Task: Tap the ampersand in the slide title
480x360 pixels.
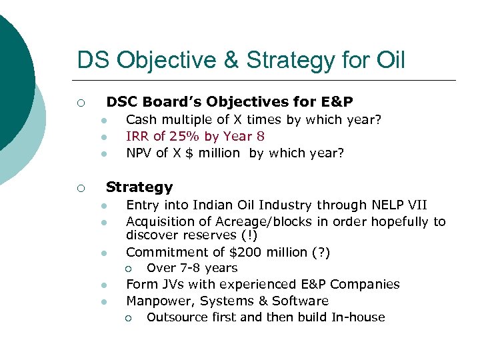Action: click(231, 61)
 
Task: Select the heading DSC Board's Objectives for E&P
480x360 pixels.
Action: click(229, 102)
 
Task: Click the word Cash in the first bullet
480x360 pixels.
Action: click(140, 119)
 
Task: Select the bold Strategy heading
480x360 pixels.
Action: click(139, 187)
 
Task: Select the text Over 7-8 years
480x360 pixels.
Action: click(192, 268)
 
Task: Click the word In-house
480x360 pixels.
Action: click(358, 317)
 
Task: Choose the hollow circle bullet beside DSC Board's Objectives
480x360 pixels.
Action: click(79, 103)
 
